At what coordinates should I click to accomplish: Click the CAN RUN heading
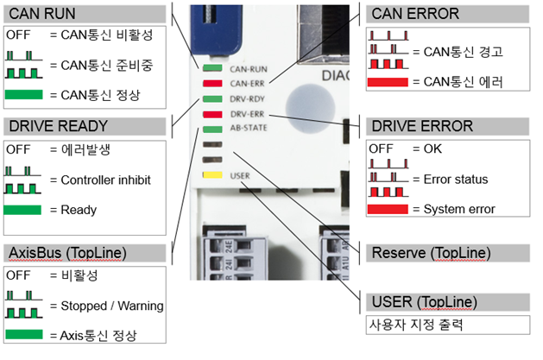click(42, 14)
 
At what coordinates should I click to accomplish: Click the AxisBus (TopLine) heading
click(69, 252)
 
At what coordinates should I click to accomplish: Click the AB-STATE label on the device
click(249, 129)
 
